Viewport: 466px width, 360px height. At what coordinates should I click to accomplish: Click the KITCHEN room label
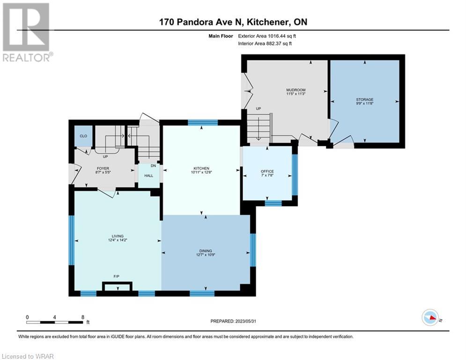pyautogui.click(x=201, y=168)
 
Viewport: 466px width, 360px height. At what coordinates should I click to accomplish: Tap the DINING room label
pyautogui.click(x=206, y=251)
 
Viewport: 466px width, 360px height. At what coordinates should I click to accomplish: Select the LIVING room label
pyautogui.click(x=118, y=236)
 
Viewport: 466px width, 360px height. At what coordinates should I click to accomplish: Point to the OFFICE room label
pyautogui.click(x=267, y=172)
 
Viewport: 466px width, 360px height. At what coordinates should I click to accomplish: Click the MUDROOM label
pyautogui.click(x=296, y=90)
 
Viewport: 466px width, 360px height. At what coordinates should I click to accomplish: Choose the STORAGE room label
pyautogui.click(x=365, y=99)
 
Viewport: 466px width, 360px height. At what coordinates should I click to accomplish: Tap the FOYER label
pyautogui.click(x=103, y=168)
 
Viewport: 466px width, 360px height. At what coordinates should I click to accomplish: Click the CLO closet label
pyautogui.click(x=83, y=136)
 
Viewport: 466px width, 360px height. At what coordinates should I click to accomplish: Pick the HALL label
pyautogui.click(x=148, y=175)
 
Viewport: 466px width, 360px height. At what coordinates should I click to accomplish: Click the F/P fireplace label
pyautogui.click(x=117, y=277)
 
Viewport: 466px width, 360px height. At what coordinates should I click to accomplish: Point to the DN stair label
pyautogui.click(x=153, y=166)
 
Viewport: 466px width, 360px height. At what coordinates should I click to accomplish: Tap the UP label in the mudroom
pyautogui.click(x=259, y=109)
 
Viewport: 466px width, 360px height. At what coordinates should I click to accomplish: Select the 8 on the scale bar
pyautogui.click(x=83, y=317)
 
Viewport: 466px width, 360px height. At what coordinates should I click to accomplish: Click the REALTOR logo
pyautogui.click(x=27, y=32)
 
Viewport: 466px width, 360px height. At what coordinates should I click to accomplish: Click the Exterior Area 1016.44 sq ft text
pyautogui.click(x=267, y=36)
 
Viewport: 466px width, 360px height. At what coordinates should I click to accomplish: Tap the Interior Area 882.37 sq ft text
pyautogui.click(x=265, y=44)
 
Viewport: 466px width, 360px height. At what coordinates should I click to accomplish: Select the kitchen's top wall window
pyautogui.click(x=203, y=122)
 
